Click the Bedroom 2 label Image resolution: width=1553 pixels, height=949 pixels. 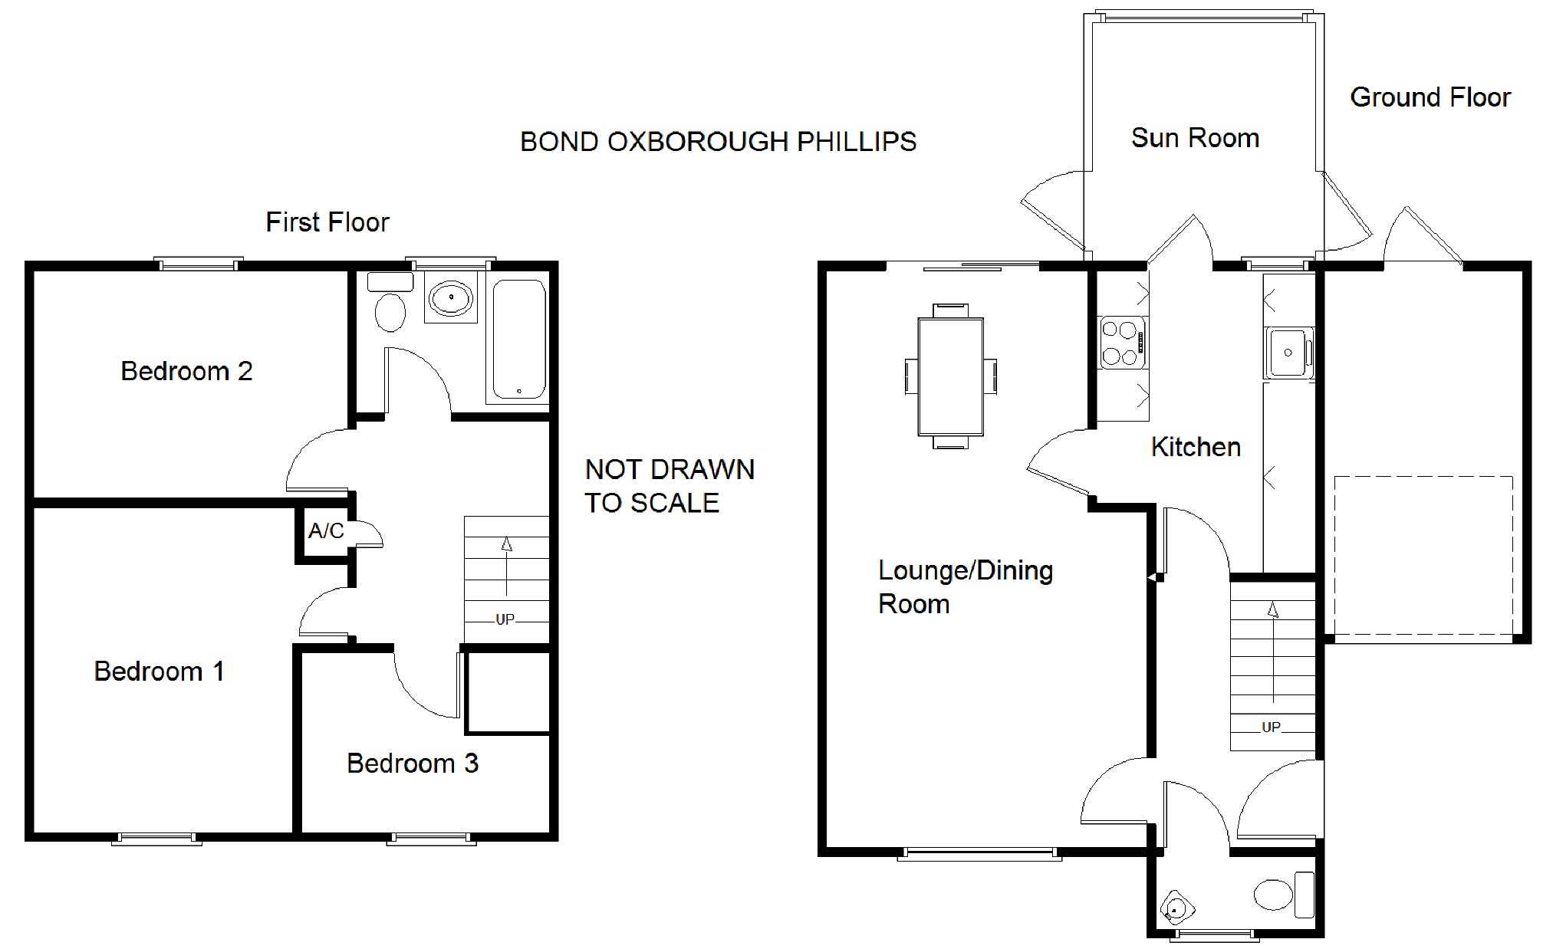pyautogui.click(x=186, y=371)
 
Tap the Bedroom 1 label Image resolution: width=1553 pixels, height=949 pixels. pyautogui.click(x=159, y=672)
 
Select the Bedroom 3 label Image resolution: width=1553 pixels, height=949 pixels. pyautogui.click(x=413, y=763)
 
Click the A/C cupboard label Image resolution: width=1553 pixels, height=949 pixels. pyautogui.click(x=326, y=530)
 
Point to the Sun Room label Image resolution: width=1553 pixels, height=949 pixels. pyautogui.click(x=1195, y=138)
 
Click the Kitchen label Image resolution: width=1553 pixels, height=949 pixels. pyautogui.click(x=1196, y=447)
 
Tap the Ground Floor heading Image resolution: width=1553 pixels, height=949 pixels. pyautogui.click(x=1430, y=97)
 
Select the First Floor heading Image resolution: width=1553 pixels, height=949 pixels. pyautogui.click(x=327, y=222)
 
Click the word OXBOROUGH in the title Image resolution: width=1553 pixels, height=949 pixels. pyautogui.click(x=698, y=142)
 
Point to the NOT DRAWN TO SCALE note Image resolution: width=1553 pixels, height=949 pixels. pyautogui.click(x=670, y=486)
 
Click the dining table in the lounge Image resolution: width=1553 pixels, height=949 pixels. pyautogui.click(x=951, y=376)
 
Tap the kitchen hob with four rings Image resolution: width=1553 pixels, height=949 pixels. pyautogui.click(x=1122, y=343)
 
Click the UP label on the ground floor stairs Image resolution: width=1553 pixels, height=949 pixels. pyautogui.click(x=1271, y=727)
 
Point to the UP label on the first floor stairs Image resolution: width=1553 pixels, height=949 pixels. pyautogui.click(x=505, y=619)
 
